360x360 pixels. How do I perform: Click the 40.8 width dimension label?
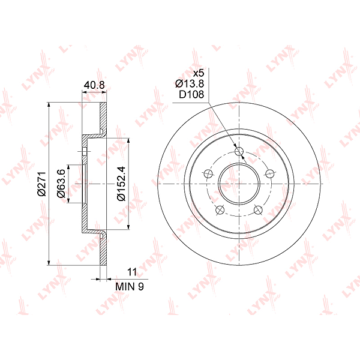[x=94, y=85]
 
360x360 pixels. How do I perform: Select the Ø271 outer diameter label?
[x=42, y=184]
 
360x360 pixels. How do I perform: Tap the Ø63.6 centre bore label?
[x=61, y=184]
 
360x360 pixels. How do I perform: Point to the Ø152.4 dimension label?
[x=121, y=184]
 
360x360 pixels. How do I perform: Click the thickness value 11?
[x=132, y=272]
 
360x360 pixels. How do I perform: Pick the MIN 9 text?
[x=130, y=286]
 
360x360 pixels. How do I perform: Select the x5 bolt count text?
[x=198, y=73]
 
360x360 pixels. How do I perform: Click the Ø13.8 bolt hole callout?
[x=190, y=83]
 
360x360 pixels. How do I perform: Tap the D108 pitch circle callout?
[x=191, y=94]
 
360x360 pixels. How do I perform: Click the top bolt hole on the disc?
[x=239, y=151]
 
